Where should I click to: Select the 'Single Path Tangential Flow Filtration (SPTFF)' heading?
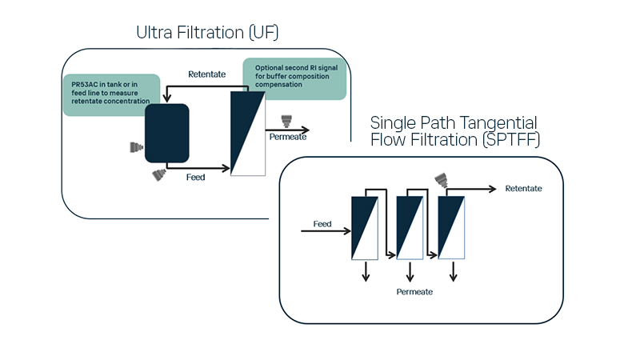pyautogui.click(x=454, y=130)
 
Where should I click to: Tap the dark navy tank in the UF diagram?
pyautogui.click(x=166, y=132)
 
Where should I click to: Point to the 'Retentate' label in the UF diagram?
pyautogui.click(x=206, y=74)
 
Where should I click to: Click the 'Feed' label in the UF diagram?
pyautogui.click(x=196, y=177)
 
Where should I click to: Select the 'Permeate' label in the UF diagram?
pyautogui.click(x=286, y=137)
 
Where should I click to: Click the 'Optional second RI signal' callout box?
pyautogui.click(x=295, y=78)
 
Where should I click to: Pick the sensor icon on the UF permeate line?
pyautogui.click(x=285, y=122)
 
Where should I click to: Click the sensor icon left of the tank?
pyautogui.click(x=137, y=148)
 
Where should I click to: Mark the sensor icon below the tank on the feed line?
pyautogui.click(x=157, y=175)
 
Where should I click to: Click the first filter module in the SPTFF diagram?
pyautogui.click(x=365, y=227)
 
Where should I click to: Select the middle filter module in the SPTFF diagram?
pyautogui.click(x=409, y=227)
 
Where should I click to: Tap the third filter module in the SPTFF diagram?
pyautogui.click(x=453, y=227)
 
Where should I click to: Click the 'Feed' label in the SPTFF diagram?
pyautogui.click(x=322, y=224)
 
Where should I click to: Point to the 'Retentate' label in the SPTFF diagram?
pyautogui.click(x=524, y=189)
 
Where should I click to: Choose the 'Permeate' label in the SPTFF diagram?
pyautogui.click(x=414, y=292)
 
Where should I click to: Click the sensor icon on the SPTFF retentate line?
pyautogui.click(x=440, y=181)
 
